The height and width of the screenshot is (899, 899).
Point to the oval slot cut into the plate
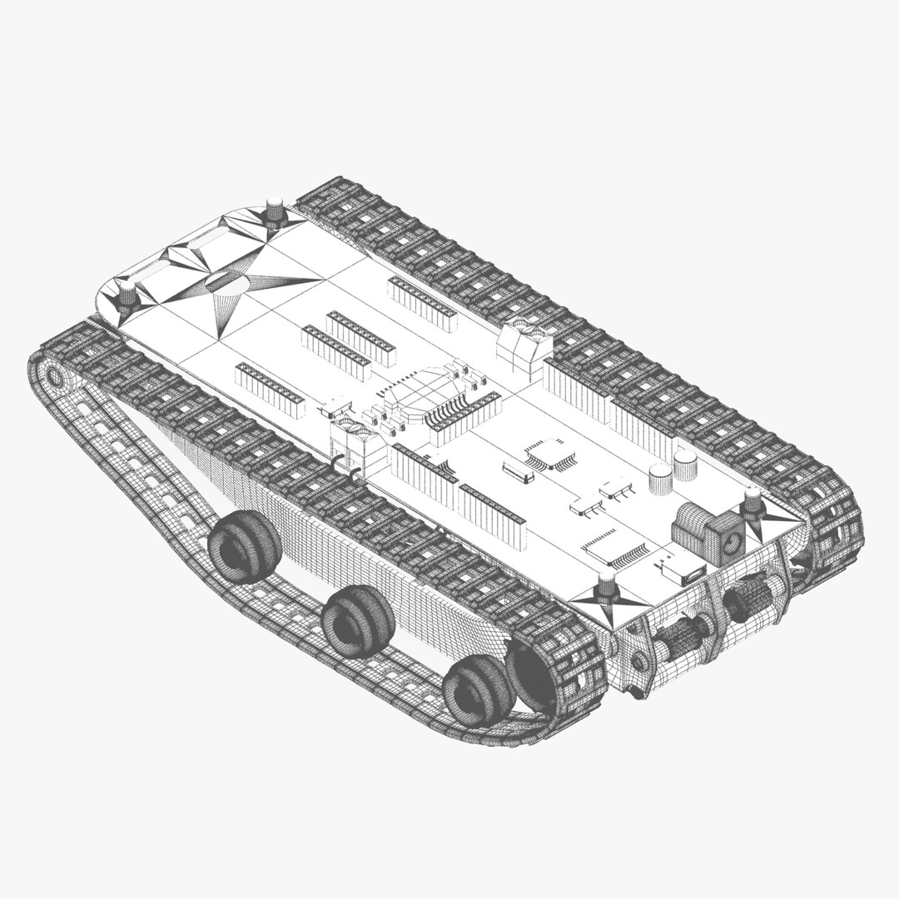[x=226, y=281]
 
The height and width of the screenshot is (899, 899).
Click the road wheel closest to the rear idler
[x=245, y=545]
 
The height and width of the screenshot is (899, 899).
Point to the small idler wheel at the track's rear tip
[x=55, y=376]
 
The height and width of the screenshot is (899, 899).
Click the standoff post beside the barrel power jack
[x=752, y=503]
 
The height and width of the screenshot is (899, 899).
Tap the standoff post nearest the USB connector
[x=607, y=586]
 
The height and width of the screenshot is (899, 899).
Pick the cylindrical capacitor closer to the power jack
[x=684, y=466]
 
